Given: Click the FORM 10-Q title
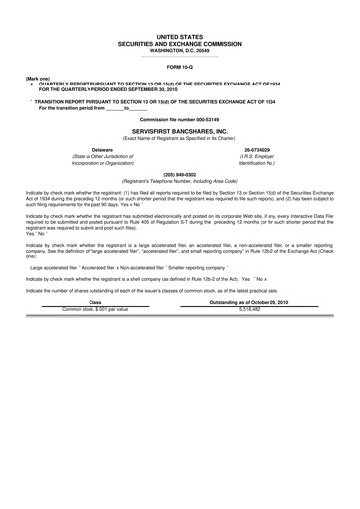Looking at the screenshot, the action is pyautogui.click(x=179, y=67).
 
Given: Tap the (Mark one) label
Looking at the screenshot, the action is pyautogui.click(x=38, y=77).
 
